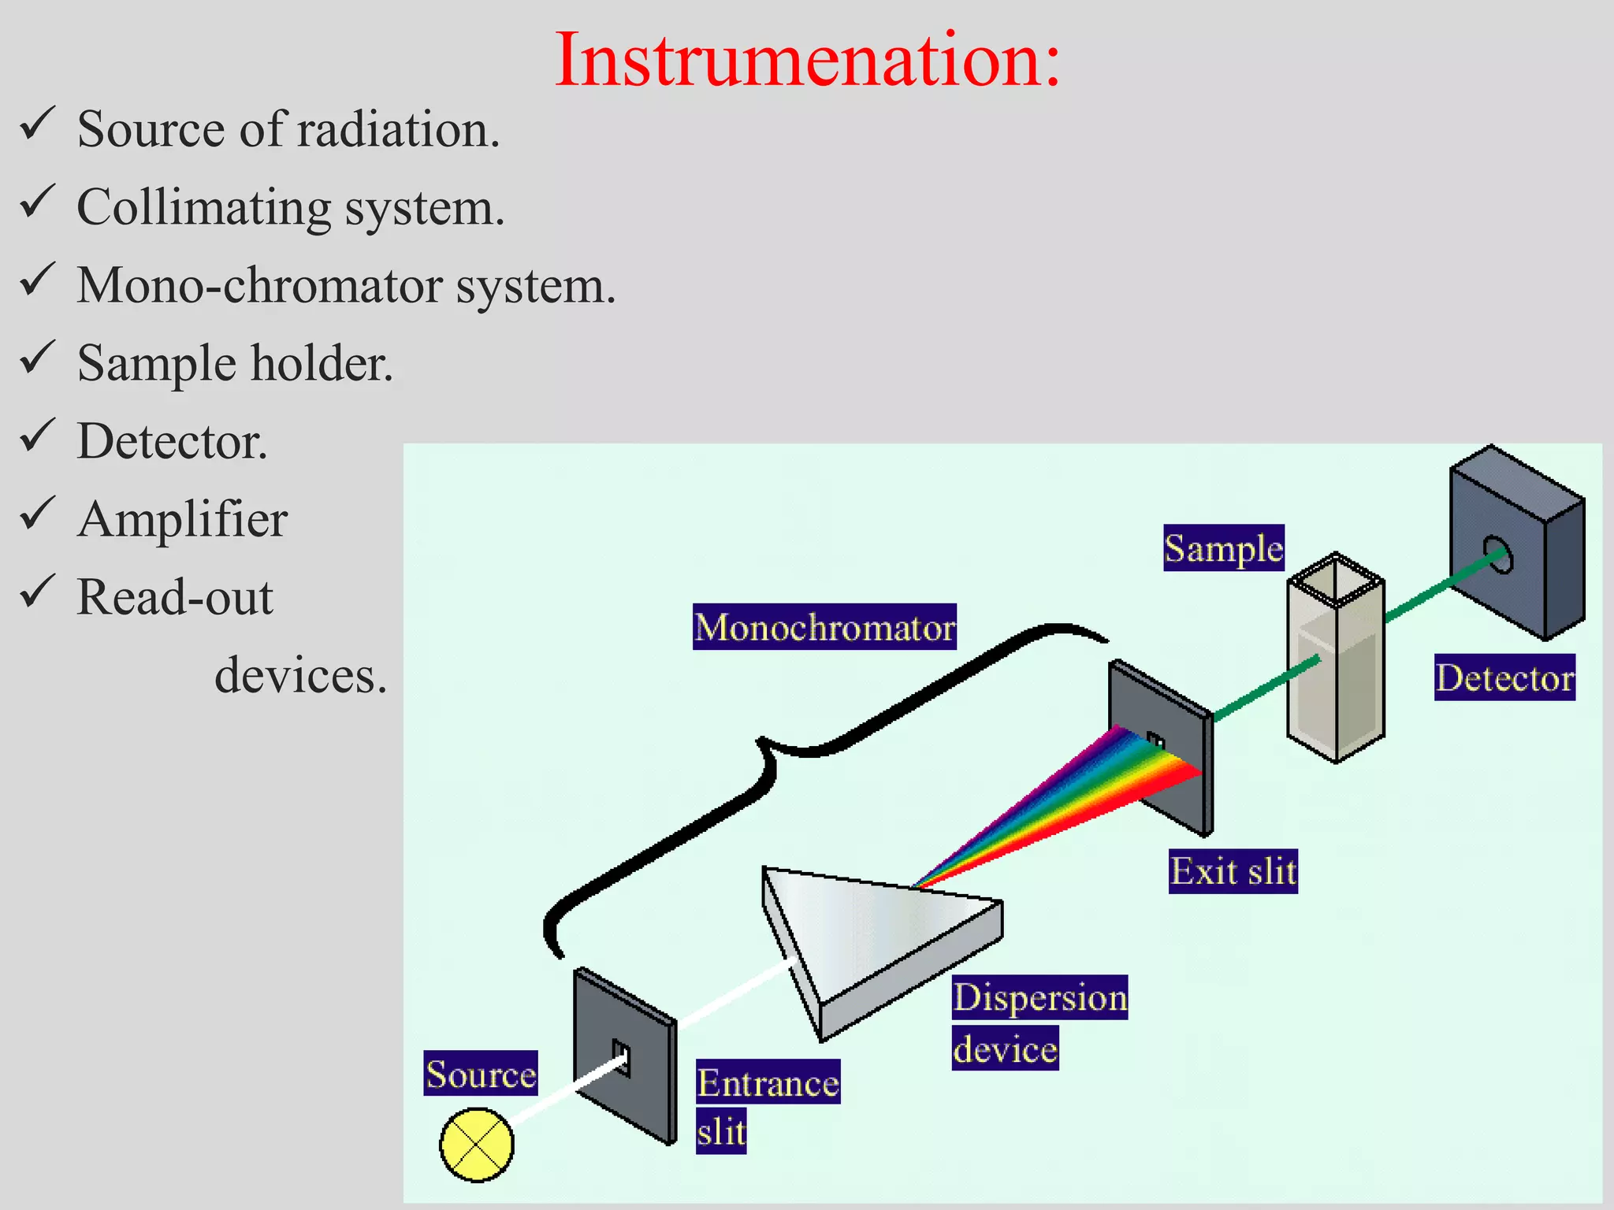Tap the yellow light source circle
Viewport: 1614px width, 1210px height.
[x=477, y=1145]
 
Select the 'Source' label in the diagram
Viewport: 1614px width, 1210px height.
[x=481, y=1074]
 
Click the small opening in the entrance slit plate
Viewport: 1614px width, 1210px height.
[x=621, y=1058]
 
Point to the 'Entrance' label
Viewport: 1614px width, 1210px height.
[x=768, y=1082]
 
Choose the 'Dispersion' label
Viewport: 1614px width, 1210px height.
[x=1039, y=997]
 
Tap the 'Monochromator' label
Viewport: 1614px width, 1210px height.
[x=824, y=627]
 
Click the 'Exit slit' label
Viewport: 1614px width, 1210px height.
[x=1233, y=871]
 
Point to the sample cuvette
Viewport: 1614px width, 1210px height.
[x=1336, y=662]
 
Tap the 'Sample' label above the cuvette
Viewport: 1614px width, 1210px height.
[x=1224, y=548]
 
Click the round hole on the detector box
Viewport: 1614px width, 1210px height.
[x=1498, y=555]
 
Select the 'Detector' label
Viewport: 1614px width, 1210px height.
[x=1504, y=677]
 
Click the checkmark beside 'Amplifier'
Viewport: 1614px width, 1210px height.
[x=37, y=514]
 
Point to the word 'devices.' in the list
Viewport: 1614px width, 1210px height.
[x=301, y=676]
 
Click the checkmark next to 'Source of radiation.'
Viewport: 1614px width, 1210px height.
[x=37, y=124]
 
